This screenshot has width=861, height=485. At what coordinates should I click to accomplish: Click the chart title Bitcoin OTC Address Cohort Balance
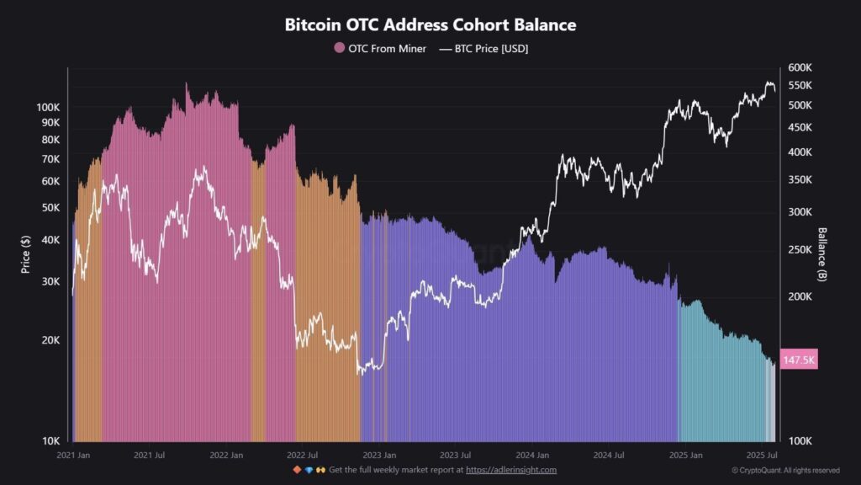(430, 24)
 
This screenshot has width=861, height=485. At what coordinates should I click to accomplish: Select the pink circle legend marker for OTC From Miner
(340, 48)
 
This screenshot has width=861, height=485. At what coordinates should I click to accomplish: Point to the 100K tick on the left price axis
(47, 108)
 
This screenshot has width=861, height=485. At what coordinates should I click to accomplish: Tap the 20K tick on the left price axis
(50, 340)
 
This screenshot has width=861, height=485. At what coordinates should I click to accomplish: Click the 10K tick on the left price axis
(50, 440)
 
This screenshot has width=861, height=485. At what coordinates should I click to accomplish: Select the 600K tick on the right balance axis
(800, 67)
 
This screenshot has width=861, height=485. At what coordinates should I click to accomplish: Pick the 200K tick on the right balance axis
(800, 296)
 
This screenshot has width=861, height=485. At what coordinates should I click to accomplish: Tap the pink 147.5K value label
(799, 360)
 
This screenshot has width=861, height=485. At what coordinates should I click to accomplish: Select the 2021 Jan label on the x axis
(73, 455)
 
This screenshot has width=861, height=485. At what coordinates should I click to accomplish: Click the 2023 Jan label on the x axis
(379, 455)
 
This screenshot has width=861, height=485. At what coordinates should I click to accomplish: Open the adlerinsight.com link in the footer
(511, 470)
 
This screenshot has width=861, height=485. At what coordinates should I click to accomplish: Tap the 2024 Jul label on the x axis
(609, 455)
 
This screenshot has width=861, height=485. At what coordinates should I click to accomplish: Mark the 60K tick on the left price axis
(50, 181)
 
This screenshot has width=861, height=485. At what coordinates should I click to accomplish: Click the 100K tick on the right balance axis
(800, 440)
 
